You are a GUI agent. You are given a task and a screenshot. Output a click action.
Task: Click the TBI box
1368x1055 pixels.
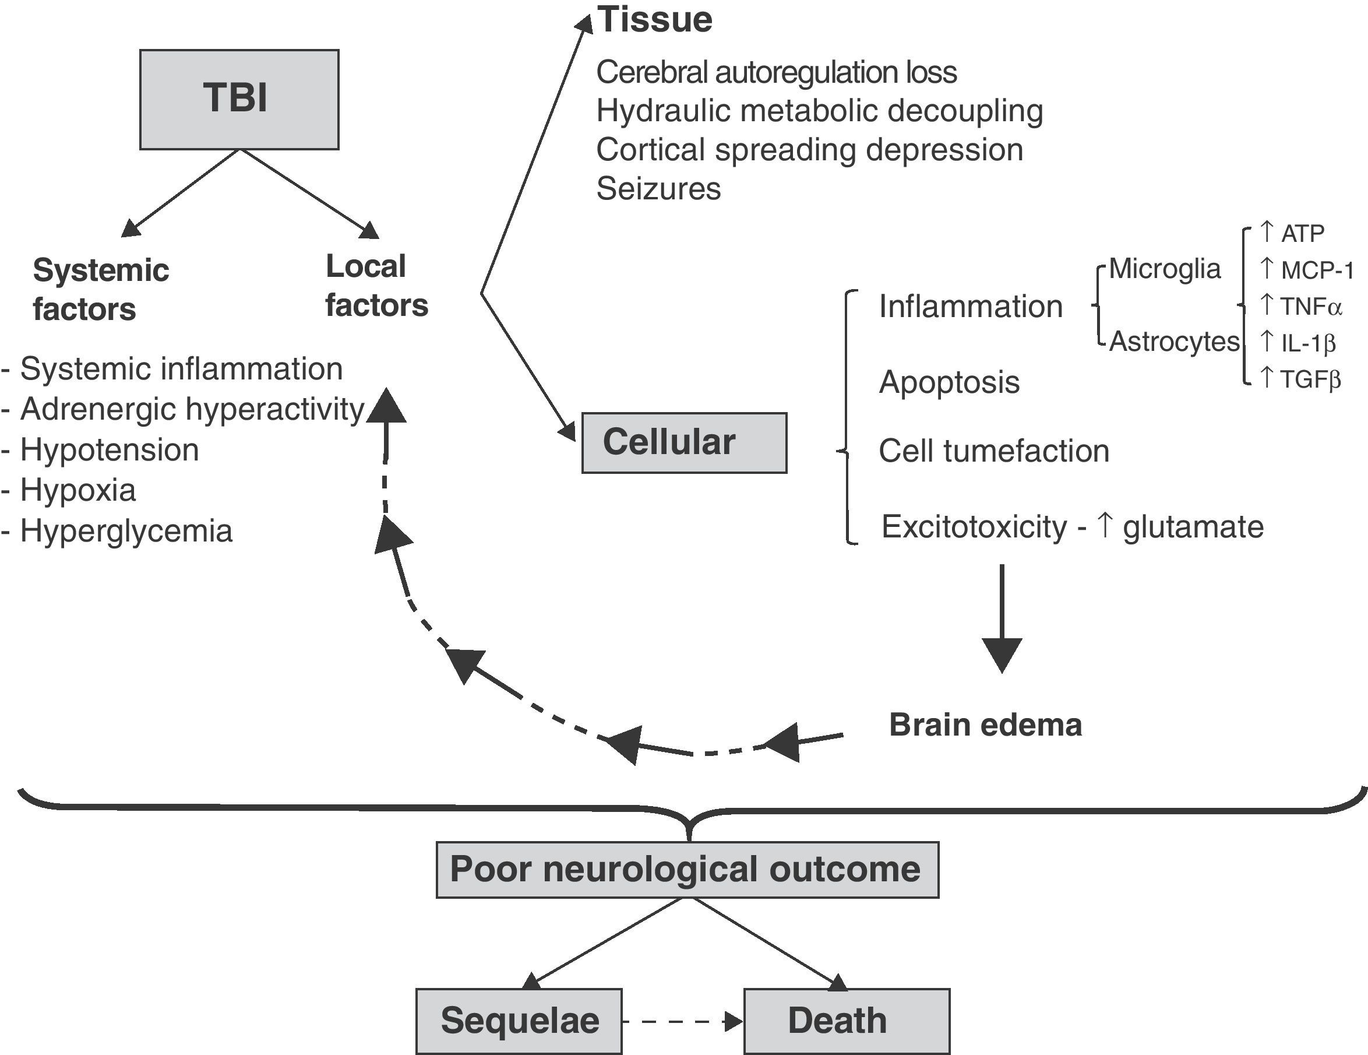click(x=239, y=100)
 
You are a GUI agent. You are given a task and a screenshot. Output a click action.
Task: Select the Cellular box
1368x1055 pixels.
click(x=684, y=442)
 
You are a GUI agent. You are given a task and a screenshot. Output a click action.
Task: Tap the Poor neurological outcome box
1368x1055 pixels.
click(x=687, y=870)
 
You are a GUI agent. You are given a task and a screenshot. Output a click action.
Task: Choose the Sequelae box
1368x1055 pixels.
click(x=519, y=1021)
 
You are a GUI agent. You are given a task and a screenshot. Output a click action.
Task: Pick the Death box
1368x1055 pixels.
click(x=846, y=1021)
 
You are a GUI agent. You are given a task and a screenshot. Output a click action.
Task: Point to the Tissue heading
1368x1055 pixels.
click(x=654, y=20)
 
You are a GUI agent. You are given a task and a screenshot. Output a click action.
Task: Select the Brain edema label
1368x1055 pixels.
click(x=985, y=725)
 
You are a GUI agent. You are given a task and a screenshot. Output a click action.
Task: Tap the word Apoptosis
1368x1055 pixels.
click(x=949, y=382)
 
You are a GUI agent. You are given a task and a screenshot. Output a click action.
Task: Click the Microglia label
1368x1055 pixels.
click(x=1165, y=269)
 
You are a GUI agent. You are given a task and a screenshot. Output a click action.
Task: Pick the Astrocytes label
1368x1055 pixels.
click(x=1174, y=342)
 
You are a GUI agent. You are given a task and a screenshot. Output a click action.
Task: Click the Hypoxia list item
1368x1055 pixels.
click(x=77, y=490)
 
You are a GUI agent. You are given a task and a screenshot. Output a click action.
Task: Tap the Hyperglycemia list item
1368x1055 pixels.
click(x=125, y=530)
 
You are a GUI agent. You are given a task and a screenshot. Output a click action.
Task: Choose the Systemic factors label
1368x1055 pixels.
click(x=100, y=290)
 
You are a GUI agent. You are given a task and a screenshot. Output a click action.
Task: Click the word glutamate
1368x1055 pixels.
click(x=1193, y=527)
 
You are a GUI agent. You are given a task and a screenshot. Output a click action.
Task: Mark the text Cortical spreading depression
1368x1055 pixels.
click(x=809, y=150)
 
